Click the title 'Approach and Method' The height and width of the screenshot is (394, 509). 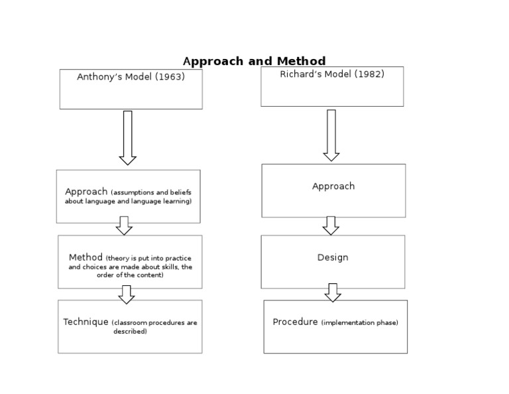coord(254,62)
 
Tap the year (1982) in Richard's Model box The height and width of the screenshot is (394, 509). coord(369,74)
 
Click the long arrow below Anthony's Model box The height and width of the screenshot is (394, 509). coord(128,138)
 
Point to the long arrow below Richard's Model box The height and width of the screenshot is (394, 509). coord(331,135)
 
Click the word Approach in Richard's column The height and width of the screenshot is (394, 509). coord(333,186)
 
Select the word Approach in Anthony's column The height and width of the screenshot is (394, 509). coord(86,192)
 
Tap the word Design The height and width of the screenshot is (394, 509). coord(333,257)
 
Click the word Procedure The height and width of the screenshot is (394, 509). coord(295,322)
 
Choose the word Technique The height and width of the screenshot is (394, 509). coord(85,322)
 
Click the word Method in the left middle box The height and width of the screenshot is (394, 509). coord(85,257)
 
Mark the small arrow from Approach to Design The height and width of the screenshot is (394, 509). coord(331,226)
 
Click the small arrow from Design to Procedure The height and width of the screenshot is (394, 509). coord(333,293)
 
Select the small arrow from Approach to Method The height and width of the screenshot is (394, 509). coord(124,226)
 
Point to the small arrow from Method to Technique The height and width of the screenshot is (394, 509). coord(127,295)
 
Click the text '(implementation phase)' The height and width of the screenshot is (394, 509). coord(360,323)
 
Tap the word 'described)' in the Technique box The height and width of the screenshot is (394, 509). coord(130,332)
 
